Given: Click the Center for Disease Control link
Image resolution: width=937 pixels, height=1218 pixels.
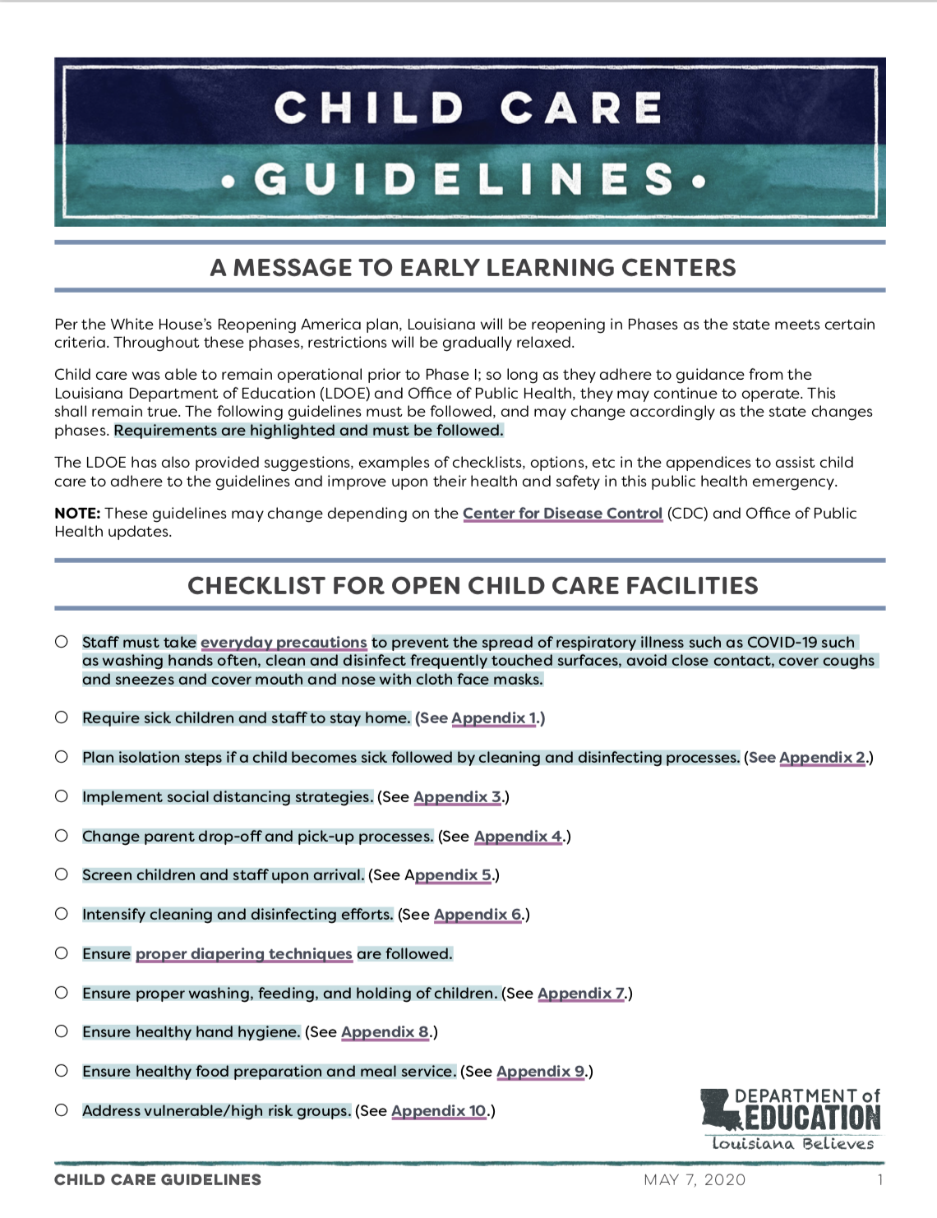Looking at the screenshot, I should (x=562, y=514).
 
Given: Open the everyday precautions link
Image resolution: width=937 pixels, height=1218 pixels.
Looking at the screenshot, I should (x=284, y=643).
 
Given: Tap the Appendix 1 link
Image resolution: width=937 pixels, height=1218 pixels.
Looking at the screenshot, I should (x=494, y=718).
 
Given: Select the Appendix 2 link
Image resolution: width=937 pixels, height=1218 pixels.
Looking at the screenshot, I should (x=822, y=758).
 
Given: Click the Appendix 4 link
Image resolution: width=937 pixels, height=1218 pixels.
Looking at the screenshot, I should (x=518, y=837).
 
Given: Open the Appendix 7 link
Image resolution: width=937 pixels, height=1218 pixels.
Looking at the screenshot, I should (x=581, y=994).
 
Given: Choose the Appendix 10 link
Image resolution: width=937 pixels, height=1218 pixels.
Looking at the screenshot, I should (x=439, y=1111).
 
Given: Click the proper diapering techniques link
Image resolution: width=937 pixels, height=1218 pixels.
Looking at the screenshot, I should (x=243, y=954).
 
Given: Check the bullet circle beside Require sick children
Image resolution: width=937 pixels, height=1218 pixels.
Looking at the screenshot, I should (x=62, y=717).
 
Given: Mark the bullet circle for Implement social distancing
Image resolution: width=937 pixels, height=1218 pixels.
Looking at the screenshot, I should (x=62, y=796).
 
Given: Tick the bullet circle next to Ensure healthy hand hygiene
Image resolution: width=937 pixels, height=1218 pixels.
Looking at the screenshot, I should (x=62, y=1031).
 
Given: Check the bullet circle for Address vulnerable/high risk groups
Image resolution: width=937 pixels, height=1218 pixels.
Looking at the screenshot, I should (x=62, y=1110).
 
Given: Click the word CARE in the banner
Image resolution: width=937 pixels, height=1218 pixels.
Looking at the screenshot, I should (x=581, y=108).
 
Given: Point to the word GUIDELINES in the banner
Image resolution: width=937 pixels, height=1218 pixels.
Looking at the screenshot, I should (x=464, y=179).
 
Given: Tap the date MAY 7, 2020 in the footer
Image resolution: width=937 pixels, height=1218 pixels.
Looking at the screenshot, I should (x=695, y=1180).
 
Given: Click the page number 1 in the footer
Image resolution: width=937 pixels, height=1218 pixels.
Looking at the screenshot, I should (x=880, y=1180).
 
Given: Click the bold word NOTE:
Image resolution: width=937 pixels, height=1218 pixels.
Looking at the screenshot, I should (x=77, y=514).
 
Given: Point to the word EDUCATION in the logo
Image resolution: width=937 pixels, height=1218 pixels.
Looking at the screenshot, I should (x=812, y=1118).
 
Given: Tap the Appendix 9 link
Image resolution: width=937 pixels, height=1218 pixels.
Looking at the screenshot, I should (x=540, y=1072).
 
